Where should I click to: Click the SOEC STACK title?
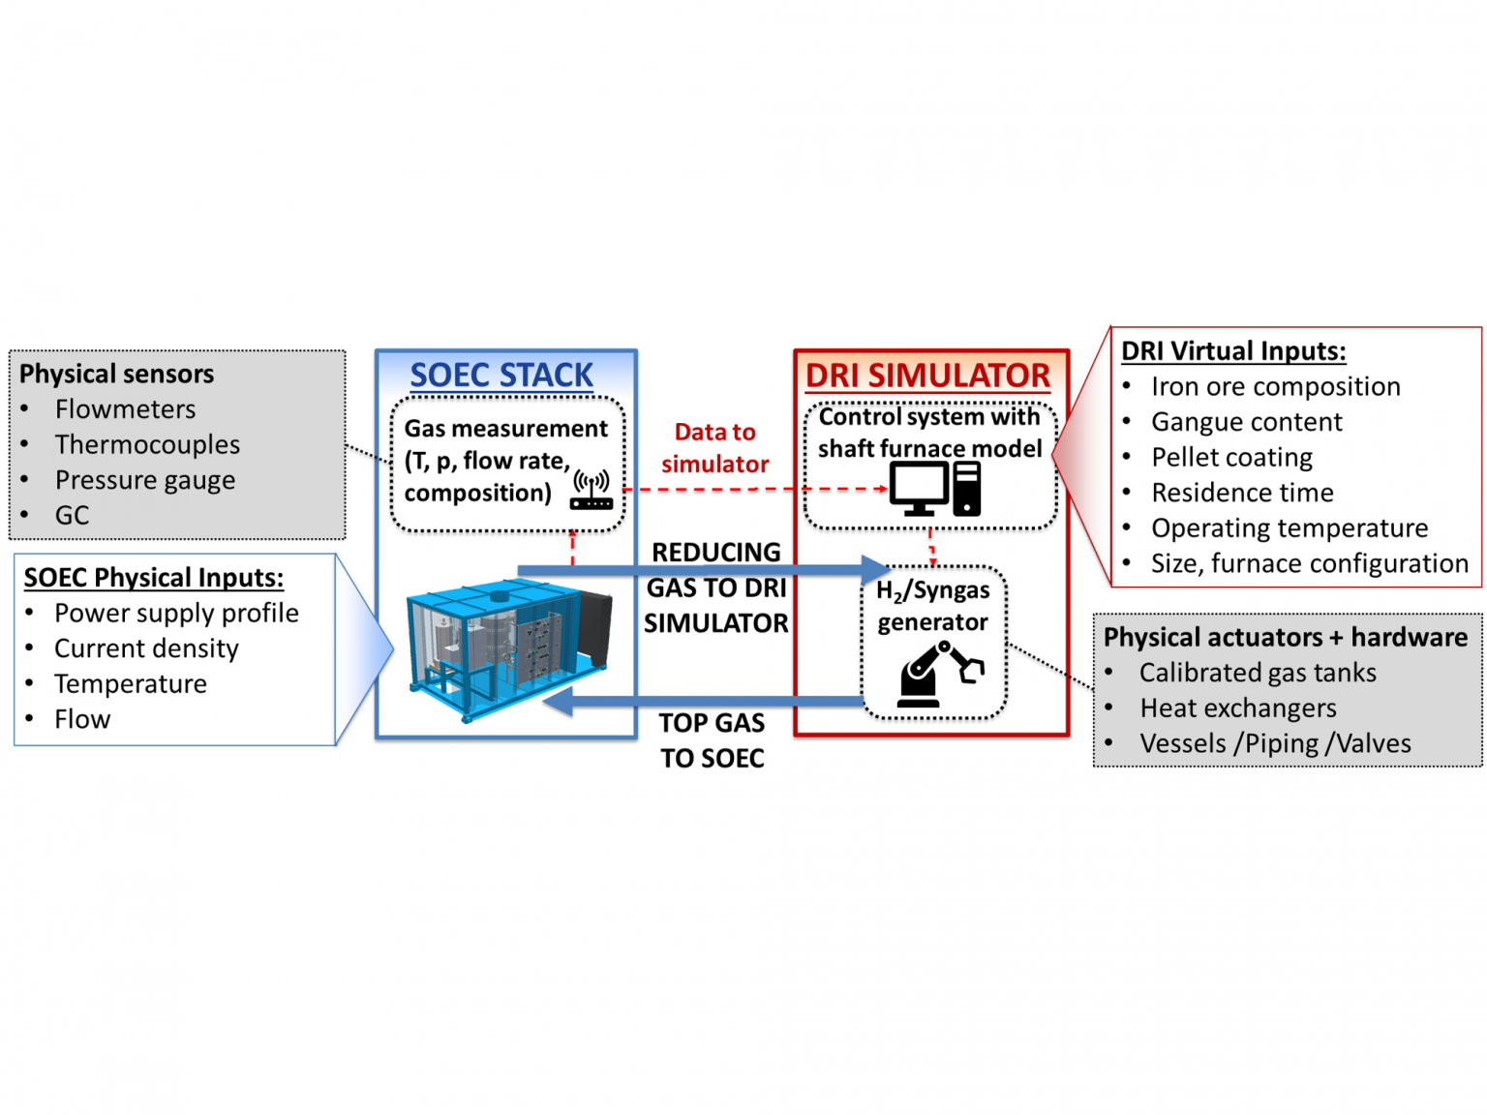[x=501, y=375]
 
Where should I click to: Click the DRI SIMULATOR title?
[x=927, y=376]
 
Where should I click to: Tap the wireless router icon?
[x=592, y=490]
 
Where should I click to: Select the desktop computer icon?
[x=935, y=489]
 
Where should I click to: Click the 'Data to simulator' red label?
[x=714, y=448]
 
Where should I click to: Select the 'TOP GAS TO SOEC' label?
[x=713, y=740]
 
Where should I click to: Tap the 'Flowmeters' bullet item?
[x=125, y=409]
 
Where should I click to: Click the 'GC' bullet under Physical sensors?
[x=72, y=515]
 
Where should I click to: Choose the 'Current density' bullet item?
[x=146, y=648]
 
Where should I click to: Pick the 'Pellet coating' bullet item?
[x=1231, y=457]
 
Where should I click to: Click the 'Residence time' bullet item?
[x=1242, y=493]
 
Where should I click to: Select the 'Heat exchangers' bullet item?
[x=1237, y=708]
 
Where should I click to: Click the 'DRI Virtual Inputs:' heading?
[x=1233, y=350]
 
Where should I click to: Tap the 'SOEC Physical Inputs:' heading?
[x=154, y=578]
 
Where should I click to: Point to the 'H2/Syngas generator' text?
[x=932, y=606]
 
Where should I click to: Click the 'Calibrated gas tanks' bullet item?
[x=1258, y=673]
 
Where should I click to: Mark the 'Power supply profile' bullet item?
[x=176, y=613]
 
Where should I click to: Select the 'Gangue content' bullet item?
[x=1246, y=422]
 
